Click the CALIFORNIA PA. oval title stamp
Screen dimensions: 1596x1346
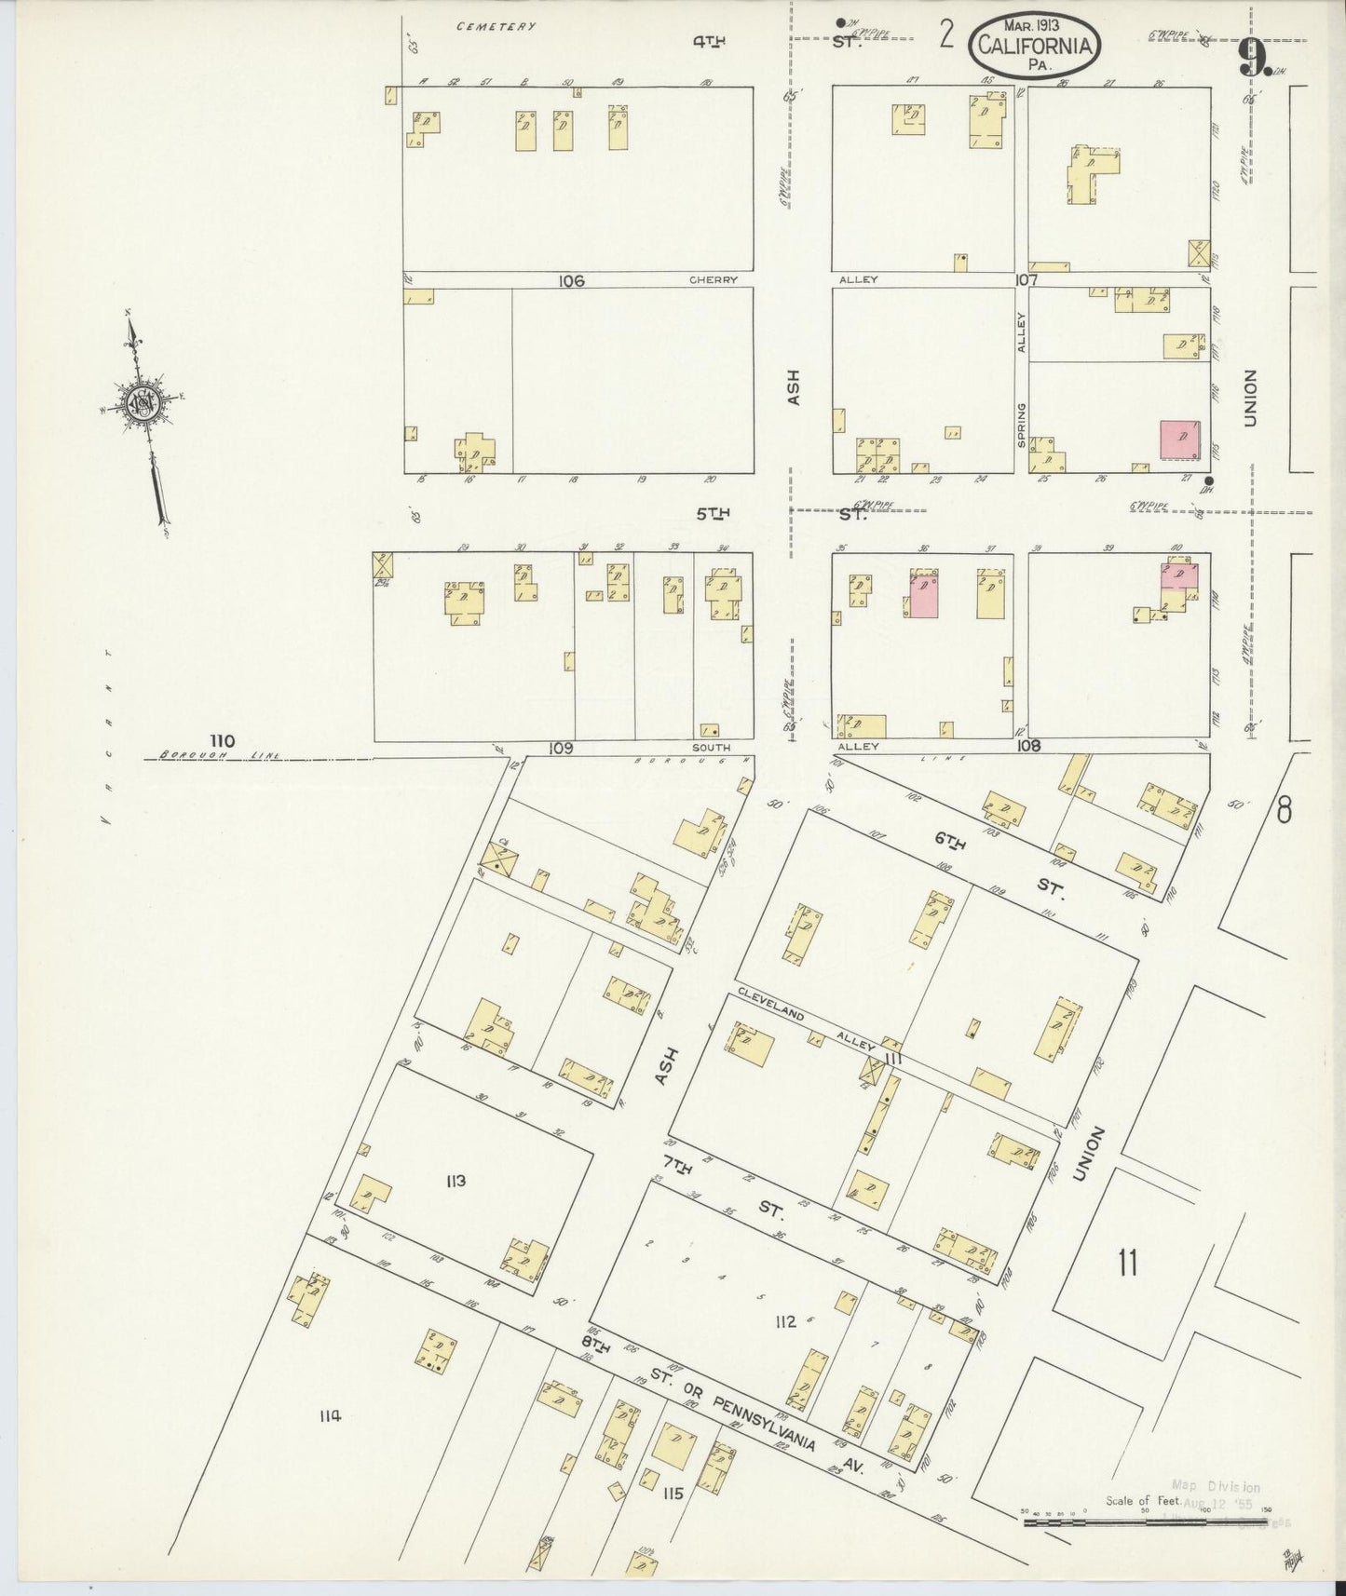[x=1034, y=46]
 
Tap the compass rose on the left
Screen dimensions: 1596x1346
[x=145, y=402]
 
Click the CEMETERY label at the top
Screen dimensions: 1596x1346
[x=496, y=27]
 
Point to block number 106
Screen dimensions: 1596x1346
[x=571, y=280]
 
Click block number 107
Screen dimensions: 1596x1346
[x=1026, y=279]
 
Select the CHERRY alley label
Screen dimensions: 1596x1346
[x=714, y=280]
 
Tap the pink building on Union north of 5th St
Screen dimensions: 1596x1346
[x=1180, y=439]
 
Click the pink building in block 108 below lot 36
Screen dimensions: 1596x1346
[x=922, y=596]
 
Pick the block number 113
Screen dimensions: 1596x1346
[x=455, y=1182]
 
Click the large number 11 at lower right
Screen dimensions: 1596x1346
[x=1128, y=1264]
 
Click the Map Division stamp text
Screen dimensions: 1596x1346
[x=1215, y=1488]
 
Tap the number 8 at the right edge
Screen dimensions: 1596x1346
[x=1285, y=811]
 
